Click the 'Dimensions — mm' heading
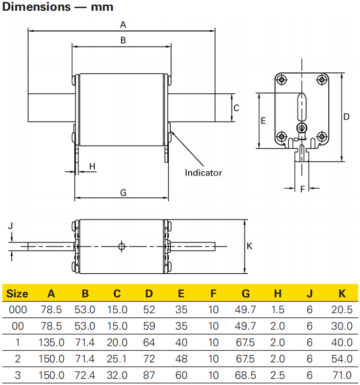click(58, 7)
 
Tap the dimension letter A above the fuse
click(123, 24)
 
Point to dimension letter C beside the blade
click(236, 108)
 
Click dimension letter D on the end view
click(347, 116)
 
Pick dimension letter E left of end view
click(263, 121)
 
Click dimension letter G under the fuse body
click(123, 192)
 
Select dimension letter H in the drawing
click(92, 166)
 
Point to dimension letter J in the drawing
click(11, 225)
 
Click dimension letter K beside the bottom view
click(250, 247)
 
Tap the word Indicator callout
click(204, 173)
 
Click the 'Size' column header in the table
click(17, 294)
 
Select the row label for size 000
click(17, 310)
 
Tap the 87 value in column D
click(149, 375)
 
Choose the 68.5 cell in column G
click(246, 375)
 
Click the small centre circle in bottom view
click(121, 247)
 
